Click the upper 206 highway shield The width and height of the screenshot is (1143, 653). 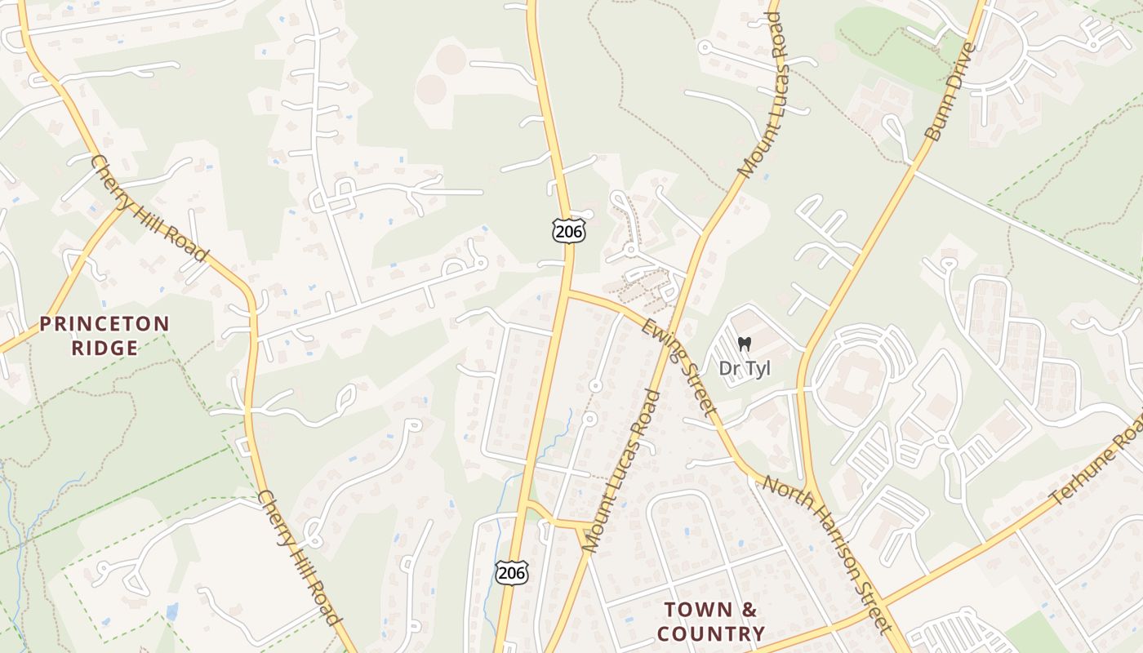(x=568, y=231)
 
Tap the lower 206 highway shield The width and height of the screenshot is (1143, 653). (x=511, y=572)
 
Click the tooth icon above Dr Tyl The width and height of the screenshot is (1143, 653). (x=744, y=344)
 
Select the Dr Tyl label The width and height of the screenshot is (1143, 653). (x=745, y=369)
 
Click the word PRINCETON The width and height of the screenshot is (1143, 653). (x=105, y=324)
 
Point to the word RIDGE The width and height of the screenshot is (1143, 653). (x=105, y=348)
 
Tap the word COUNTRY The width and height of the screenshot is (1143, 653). (x=711, y=633)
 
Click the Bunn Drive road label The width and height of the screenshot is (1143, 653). (x=950, y=91)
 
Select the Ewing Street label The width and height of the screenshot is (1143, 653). (x=679, y=365)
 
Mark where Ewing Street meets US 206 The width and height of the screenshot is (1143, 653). (x=567, y=291)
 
